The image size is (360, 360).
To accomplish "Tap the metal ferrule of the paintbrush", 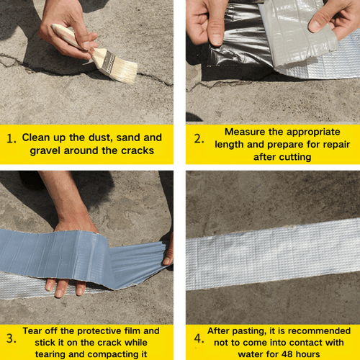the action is (x=107, y=63).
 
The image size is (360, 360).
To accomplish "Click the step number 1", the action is (x=12, y=138).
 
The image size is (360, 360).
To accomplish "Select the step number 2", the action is (x=199, y=138).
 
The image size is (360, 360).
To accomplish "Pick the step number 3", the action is (x=12, y=338).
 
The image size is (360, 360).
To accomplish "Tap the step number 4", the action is (x=199, y=338).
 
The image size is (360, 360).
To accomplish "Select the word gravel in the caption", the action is (x=45, y=151).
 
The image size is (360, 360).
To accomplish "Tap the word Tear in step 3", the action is (x=32, y=331).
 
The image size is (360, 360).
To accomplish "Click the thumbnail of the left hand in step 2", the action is (x=216, y=39).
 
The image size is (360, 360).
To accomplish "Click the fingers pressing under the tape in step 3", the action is (x=65, y=287).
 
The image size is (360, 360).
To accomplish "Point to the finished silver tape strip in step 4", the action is (x=273, y=254).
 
